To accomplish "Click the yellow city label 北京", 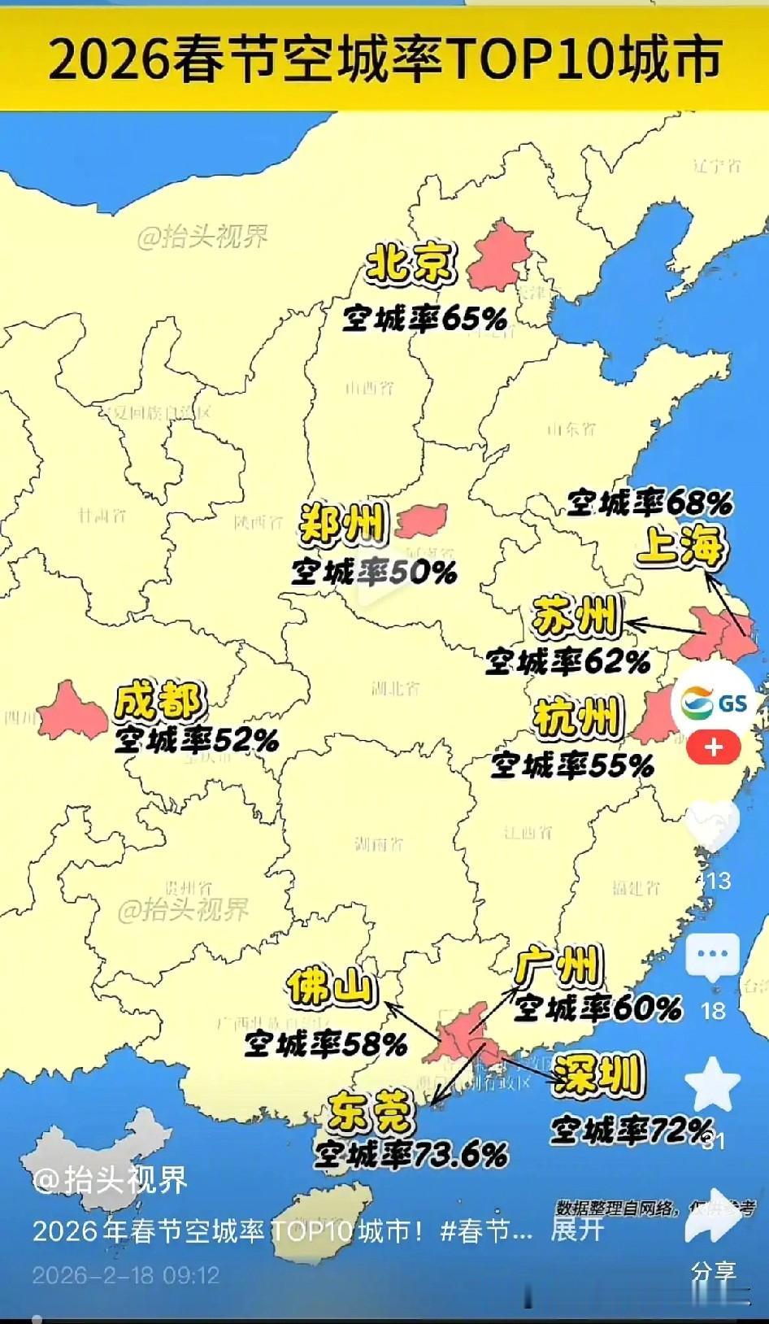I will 411,263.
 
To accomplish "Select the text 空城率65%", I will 424,318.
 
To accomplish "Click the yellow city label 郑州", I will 342,524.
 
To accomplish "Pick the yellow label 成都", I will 159,701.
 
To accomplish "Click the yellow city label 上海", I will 680,545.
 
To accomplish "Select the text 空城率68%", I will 650,503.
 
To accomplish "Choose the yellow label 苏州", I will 575,617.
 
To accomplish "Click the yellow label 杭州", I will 577,718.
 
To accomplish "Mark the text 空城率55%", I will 572,764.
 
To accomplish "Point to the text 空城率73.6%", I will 411,1153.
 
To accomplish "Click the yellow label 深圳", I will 597,1075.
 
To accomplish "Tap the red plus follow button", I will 714,747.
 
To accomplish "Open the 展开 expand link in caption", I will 577,1230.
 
